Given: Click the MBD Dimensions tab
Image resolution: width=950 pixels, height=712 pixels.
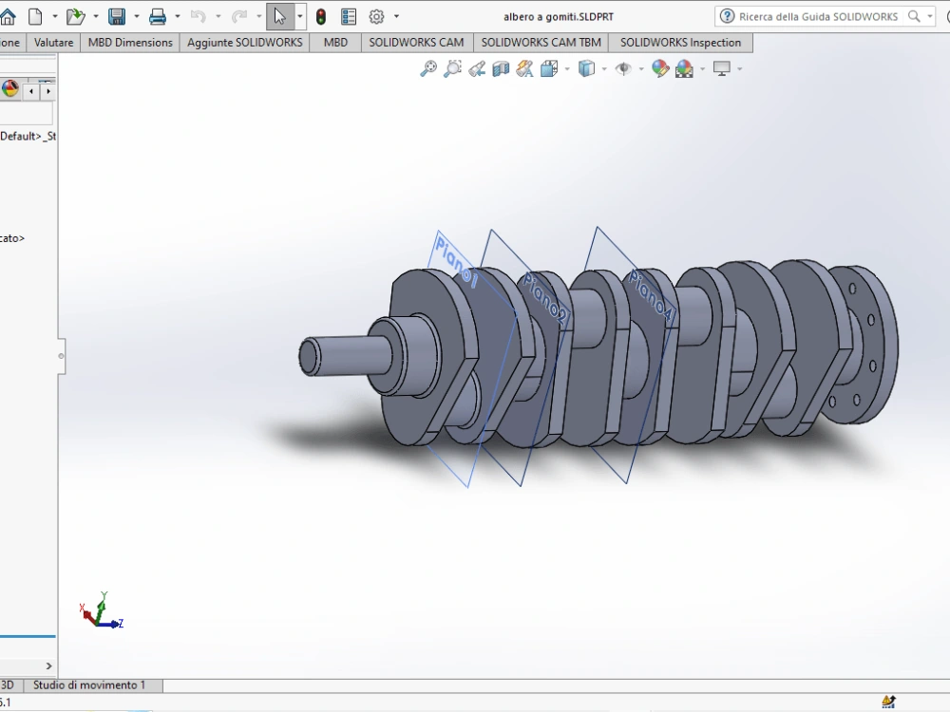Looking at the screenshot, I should (130, 43).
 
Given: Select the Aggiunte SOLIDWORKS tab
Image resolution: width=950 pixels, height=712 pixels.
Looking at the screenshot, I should (245, 43).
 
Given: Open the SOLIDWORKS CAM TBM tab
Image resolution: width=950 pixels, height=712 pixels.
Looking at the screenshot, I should (541, 43).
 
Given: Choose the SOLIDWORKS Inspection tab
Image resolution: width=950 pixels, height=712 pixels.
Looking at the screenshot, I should (680, 43).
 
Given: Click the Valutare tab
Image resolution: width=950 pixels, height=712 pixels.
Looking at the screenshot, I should (53, 43).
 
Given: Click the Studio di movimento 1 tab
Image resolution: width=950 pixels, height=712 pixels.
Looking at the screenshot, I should (89, 685).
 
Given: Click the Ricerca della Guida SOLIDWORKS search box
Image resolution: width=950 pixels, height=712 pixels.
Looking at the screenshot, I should (817, 16).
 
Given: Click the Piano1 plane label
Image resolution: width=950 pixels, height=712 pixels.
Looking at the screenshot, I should (455, 263).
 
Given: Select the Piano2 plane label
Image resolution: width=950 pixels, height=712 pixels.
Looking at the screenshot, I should (545, 299).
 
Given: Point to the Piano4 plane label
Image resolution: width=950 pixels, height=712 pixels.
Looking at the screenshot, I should (652, 295).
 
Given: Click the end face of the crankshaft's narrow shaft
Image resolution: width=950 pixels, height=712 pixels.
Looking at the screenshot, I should (309, 356).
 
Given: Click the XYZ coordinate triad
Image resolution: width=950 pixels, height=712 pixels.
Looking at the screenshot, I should (100, 612).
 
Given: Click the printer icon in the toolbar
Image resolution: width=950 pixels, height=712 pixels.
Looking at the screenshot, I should (158, 16).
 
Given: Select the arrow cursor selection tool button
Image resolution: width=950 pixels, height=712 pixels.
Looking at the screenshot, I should (279, 16).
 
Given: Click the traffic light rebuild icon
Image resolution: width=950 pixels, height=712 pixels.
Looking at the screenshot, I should (321, 16).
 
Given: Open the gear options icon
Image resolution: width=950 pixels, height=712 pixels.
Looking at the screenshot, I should (376, 16).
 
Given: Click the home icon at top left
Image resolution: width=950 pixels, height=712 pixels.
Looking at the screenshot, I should (8, 16).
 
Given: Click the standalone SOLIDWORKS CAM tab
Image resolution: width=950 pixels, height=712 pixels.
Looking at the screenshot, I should (416, 43).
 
